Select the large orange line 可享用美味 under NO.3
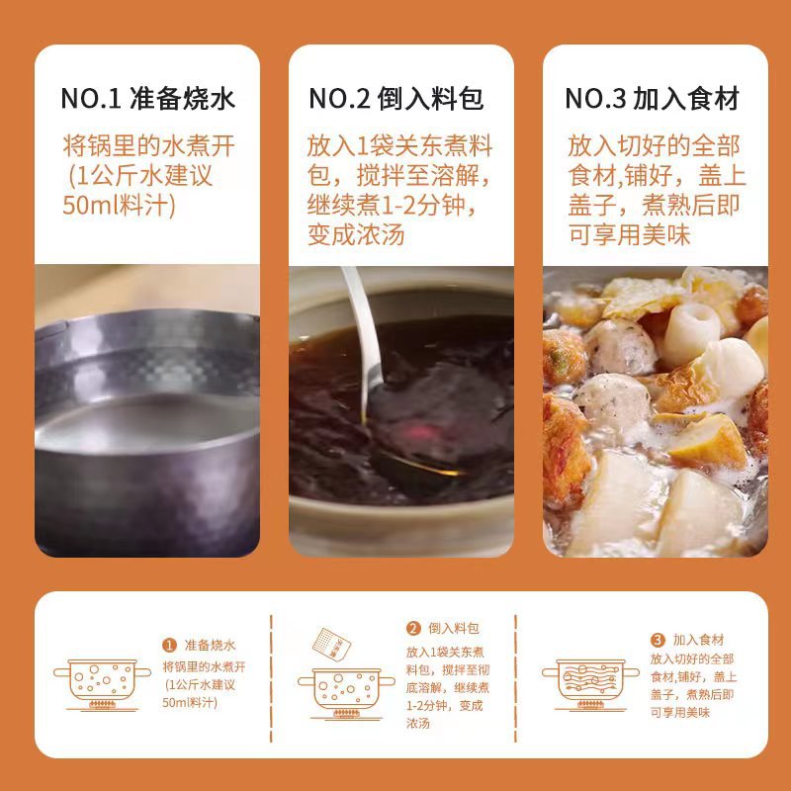click(629, 235)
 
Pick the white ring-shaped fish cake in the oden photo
click(693, 330)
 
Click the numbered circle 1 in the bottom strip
click(169, 645)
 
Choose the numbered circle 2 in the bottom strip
click(413, 628)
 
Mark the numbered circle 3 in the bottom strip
click(657, 640)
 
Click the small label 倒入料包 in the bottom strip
click(455, 628)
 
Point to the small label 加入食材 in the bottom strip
click(699, 640)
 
